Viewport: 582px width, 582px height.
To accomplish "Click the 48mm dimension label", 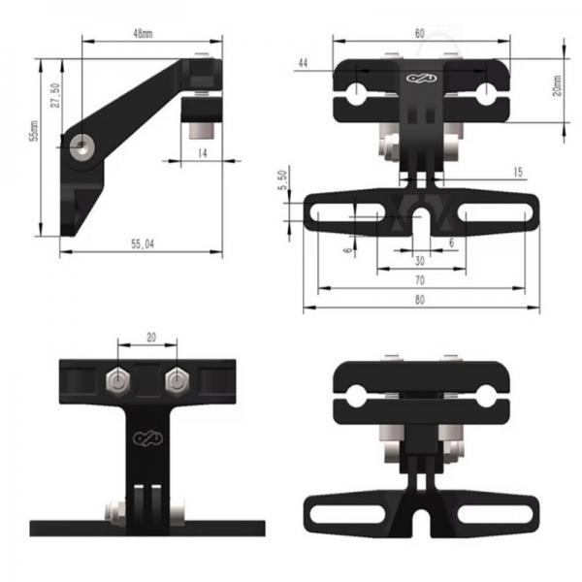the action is click(x=143, y=33).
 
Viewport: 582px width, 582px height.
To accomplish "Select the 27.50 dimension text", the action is click(x=55, y=95).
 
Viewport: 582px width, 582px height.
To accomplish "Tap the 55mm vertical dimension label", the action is click(x=34, y=131).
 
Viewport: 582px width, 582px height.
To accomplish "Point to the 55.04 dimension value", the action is click(x=143, y=243).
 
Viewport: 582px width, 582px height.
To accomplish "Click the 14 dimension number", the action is click(x=203, y=153).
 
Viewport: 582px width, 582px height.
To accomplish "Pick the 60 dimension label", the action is click(x=419, y=33).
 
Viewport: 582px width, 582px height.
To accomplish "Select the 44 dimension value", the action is click(x=303, y=63).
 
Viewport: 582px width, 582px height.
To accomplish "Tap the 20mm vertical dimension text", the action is click(x=557, y=85).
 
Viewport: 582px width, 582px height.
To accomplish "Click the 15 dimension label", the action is click(x=518, y=172).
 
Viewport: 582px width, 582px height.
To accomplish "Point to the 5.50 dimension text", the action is click(x=282, y=180).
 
